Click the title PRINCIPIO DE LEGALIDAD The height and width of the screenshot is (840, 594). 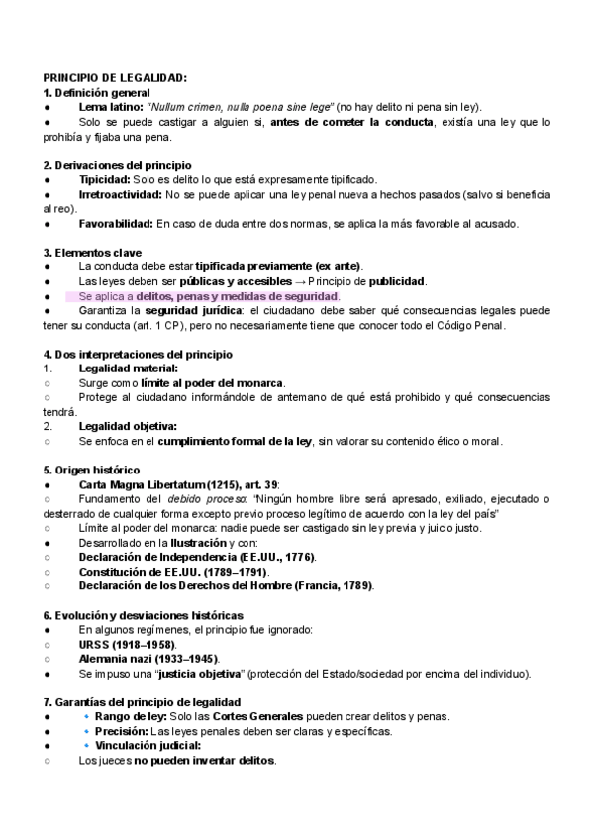(115, 78)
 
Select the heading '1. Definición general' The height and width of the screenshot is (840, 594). (97, 92)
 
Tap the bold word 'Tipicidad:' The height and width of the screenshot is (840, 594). (104, 179)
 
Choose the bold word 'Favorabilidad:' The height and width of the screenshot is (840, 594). (116, 223)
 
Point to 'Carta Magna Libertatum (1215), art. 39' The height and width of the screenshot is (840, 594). (178, 484)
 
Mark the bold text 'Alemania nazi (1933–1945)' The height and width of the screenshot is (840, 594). (148, 659)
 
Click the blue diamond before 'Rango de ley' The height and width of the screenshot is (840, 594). (85, 716)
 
